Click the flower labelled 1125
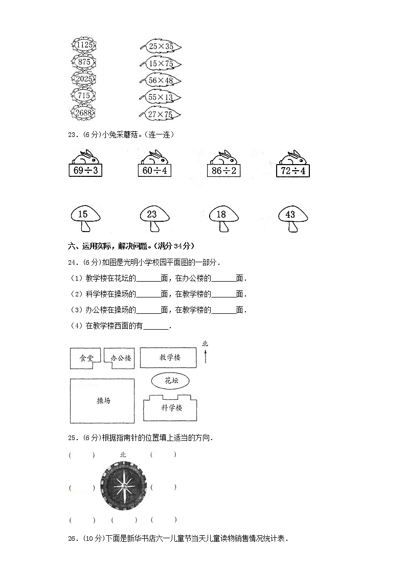point(83,45)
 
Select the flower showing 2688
point(83,113)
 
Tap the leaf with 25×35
point(161,47)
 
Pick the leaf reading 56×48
point(161,80)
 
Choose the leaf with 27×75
point(161,114)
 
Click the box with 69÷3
point(85,170)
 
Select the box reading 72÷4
point(293,170)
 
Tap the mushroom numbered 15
point(84,219)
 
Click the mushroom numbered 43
point(291,219)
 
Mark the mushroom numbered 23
point(152,219)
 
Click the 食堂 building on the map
point(83,358)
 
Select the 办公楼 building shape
point(120,358)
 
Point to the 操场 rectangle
point(102,401)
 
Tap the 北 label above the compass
point(123,454)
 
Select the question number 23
point(73,135)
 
